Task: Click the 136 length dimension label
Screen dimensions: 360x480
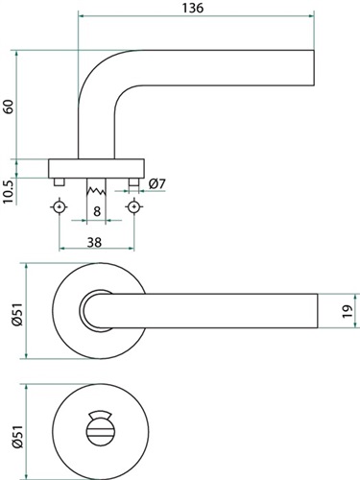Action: click(193, 8)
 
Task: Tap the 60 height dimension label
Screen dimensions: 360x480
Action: click(9, 107)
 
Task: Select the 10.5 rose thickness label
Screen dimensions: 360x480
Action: click(9, 192)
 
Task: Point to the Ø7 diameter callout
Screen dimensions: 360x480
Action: click(157, 183)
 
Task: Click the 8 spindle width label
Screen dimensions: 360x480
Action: click(97, 211)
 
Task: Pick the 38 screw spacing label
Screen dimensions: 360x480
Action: click(94, 242)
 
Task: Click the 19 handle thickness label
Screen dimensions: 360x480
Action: click(348, 311)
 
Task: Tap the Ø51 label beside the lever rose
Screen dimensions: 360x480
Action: click(17, 315)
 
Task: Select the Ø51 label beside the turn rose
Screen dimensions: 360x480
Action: click(17, 437)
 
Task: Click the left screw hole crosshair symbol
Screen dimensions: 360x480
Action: click(60, 207)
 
